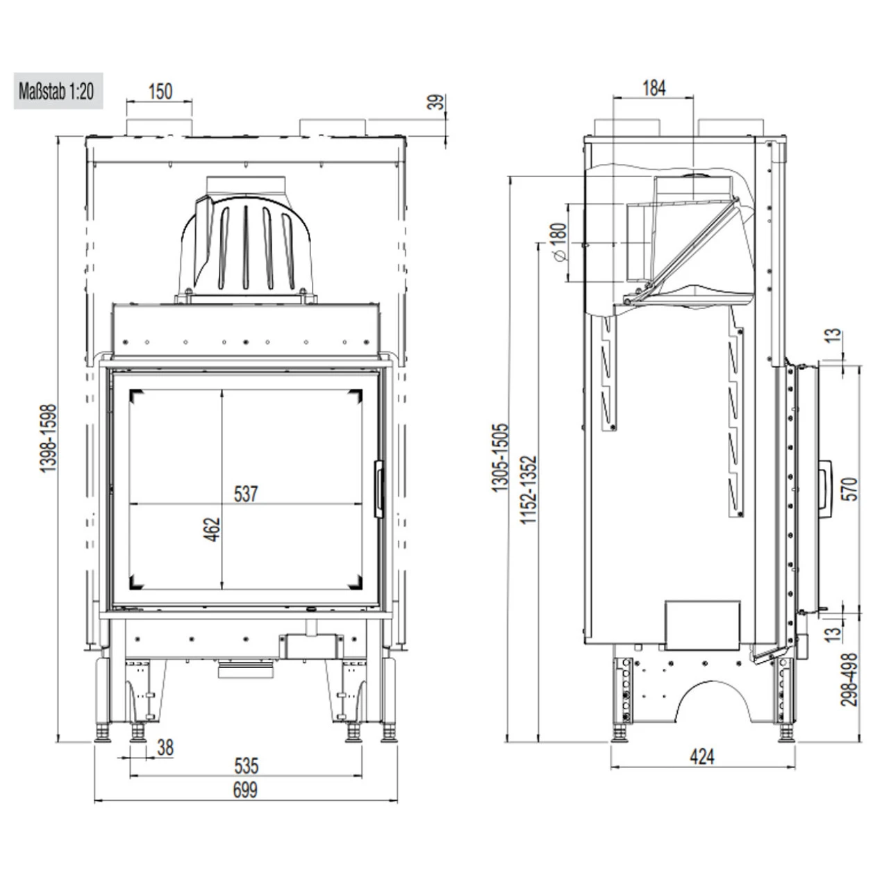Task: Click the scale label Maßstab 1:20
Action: click(x=58, y=92)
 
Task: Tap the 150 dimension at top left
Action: click(x=160, y=91)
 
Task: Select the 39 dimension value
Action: click(x=435, y=102)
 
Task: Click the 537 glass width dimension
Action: click(x=246, y=494)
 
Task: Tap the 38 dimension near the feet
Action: click(x=165, y=748)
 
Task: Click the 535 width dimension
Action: click(x=246, y=766)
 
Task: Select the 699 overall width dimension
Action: click(x=245, y=790)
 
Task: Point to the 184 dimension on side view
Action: click(x=654, y=88)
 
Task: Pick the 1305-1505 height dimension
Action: click(x=501, y=458)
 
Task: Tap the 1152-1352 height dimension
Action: click(x=529, y=490)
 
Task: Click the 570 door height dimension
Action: click(x=849, y=489)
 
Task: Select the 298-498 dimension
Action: click(x=849, y=679)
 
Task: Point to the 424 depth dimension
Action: click(x=702, y=756)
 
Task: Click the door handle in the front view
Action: click(x=379, y=489)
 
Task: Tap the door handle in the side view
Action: click(x=825, y=489)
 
